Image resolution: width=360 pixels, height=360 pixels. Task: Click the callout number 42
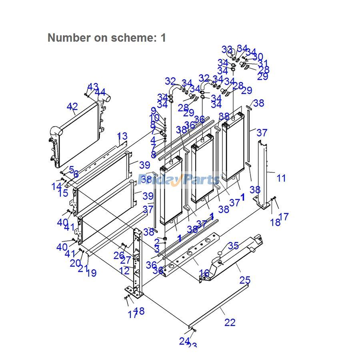tap(72, 107)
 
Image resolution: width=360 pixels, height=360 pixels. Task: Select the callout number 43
tap(93, 87)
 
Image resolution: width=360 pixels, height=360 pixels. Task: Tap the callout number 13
tap(122, 137)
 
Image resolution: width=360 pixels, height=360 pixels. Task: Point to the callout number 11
tap(281, 178)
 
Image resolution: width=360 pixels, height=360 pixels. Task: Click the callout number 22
tap(230, 322)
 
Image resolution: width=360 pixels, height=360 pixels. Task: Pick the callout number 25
tap(245, 280)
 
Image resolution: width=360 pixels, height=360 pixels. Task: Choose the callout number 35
tap(234, 246)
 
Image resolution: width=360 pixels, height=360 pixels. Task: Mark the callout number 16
tap(204, 273)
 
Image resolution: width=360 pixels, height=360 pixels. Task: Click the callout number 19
tap(91, 273)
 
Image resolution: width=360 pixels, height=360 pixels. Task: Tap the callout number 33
tap(227, 50)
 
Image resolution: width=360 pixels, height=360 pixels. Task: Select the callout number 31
tap(263, 64)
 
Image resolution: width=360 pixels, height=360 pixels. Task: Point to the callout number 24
tap(184, 341)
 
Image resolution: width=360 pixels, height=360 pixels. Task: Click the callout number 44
tap(100, 92)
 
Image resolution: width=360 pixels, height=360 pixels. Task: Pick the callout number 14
tap(56, 186)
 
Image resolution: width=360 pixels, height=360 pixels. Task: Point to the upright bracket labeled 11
tap(264, 172)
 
